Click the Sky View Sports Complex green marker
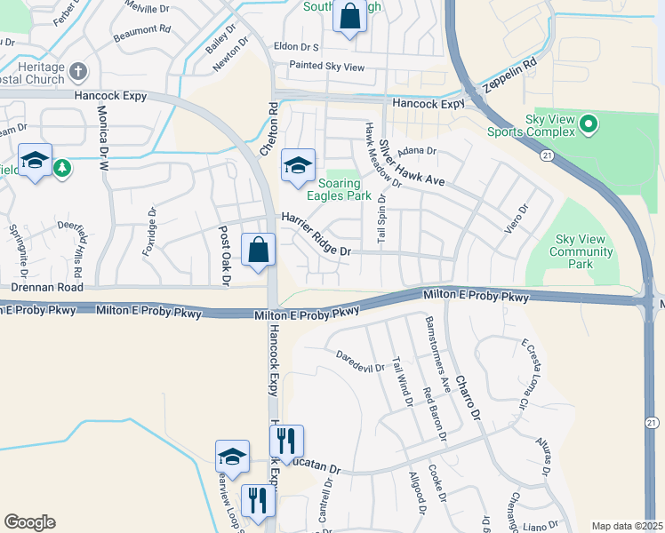pyautogui.click(x=588, y=125)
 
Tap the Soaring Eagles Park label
pyautogui.click(x=333, y=189)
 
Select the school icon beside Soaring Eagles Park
pyautogui.click(x=299, y=164)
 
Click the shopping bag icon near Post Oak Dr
pyautogui.click(x=258, y=251)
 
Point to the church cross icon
pyautogui.click(x=78, y=72)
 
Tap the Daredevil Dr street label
pyautogui.click(x=360, y=361)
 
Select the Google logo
pyautogui.click(x=29, y=522)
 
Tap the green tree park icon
pyautogui.click(x=61, y=167)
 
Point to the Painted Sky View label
pyautogui.click(x=327, y=67)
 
